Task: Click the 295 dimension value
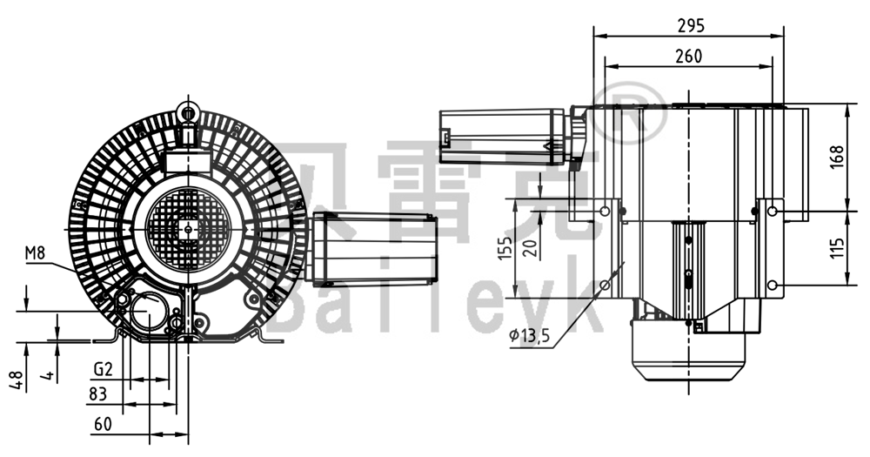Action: [x=690, y=25]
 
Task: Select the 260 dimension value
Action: [x=688, y=57]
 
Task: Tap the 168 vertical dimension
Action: [x=837, y=158]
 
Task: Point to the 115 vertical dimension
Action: [x=837, y=248]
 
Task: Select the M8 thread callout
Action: [x=35, y=253]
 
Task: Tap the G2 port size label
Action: [x=103, y=369]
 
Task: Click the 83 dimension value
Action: [x=98, y=394]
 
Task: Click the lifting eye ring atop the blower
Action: [x=187, y=111]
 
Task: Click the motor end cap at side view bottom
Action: [x=687, y=366]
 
